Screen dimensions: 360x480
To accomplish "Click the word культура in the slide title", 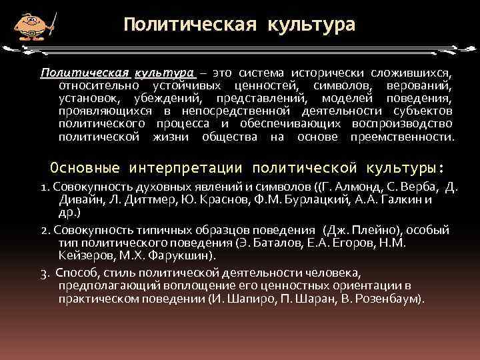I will [x=311, y=25].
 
